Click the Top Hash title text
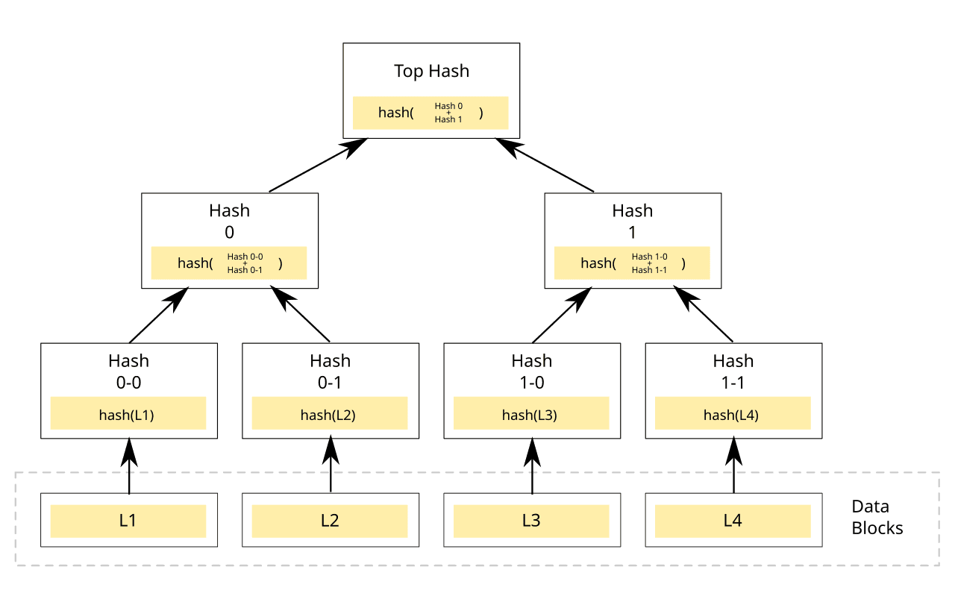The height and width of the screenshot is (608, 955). [x=431, y=72]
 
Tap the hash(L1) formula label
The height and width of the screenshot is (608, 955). [x=127, y=415]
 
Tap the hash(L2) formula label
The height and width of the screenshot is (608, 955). [x=328, y=415]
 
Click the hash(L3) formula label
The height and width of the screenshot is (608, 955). [x=530, y=415]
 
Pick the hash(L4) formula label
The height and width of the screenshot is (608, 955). [x=731, y=415]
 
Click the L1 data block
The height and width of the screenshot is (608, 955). [x=128, y=520]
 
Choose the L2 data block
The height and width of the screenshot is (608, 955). [x=330, y=520]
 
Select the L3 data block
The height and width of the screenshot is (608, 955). [x=531, y=520]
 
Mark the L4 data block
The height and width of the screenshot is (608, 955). [x=733, y=520]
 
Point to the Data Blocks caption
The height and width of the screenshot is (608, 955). [x=877, y=517]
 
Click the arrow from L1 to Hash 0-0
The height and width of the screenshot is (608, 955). [x=129, y=466]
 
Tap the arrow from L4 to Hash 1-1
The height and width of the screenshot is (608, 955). [x=733, y=466]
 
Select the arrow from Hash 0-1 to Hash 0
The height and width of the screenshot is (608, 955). [x=301, y=315]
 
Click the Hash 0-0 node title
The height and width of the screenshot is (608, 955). [x=128, y=371]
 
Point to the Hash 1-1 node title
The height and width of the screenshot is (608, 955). [x=733, y=371]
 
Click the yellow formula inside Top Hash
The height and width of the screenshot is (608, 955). [x=430, y=113]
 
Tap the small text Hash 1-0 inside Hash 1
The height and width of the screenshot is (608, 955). [x=649, y=257]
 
